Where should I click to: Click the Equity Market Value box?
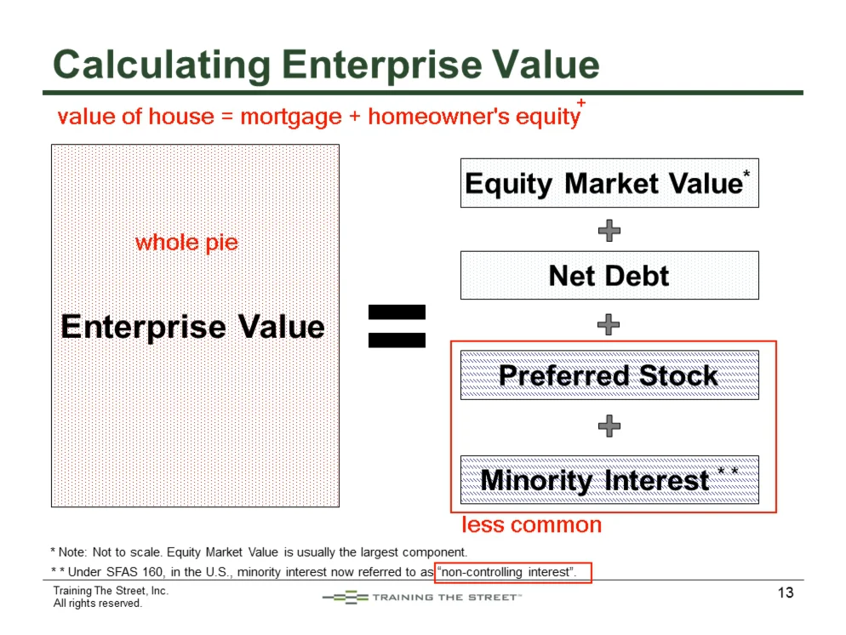point(609,183)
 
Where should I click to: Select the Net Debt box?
point(609,275)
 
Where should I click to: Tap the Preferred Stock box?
point(609,375)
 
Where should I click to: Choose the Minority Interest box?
point(609,479)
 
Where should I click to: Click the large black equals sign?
point(397,326)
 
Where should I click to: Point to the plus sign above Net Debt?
point(609,231)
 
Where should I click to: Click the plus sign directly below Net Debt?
point(609,324)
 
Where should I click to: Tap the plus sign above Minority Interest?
point(609,426)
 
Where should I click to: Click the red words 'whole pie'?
point(186,243)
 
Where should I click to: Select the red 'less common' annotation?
point(531,524)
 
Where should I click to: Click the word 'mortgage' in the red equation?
point(291,117)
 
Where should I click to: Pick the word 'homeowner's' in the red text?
point(438,116)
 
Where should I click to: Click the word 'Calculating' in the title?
point(162,66)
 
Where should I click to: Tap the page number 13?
point(786,592)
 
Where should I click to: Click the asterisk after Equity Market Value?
point(746,173)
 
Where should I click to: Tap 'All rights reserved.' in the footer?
point(98,604)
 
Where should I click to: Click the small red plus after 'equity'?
point(581,102)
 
